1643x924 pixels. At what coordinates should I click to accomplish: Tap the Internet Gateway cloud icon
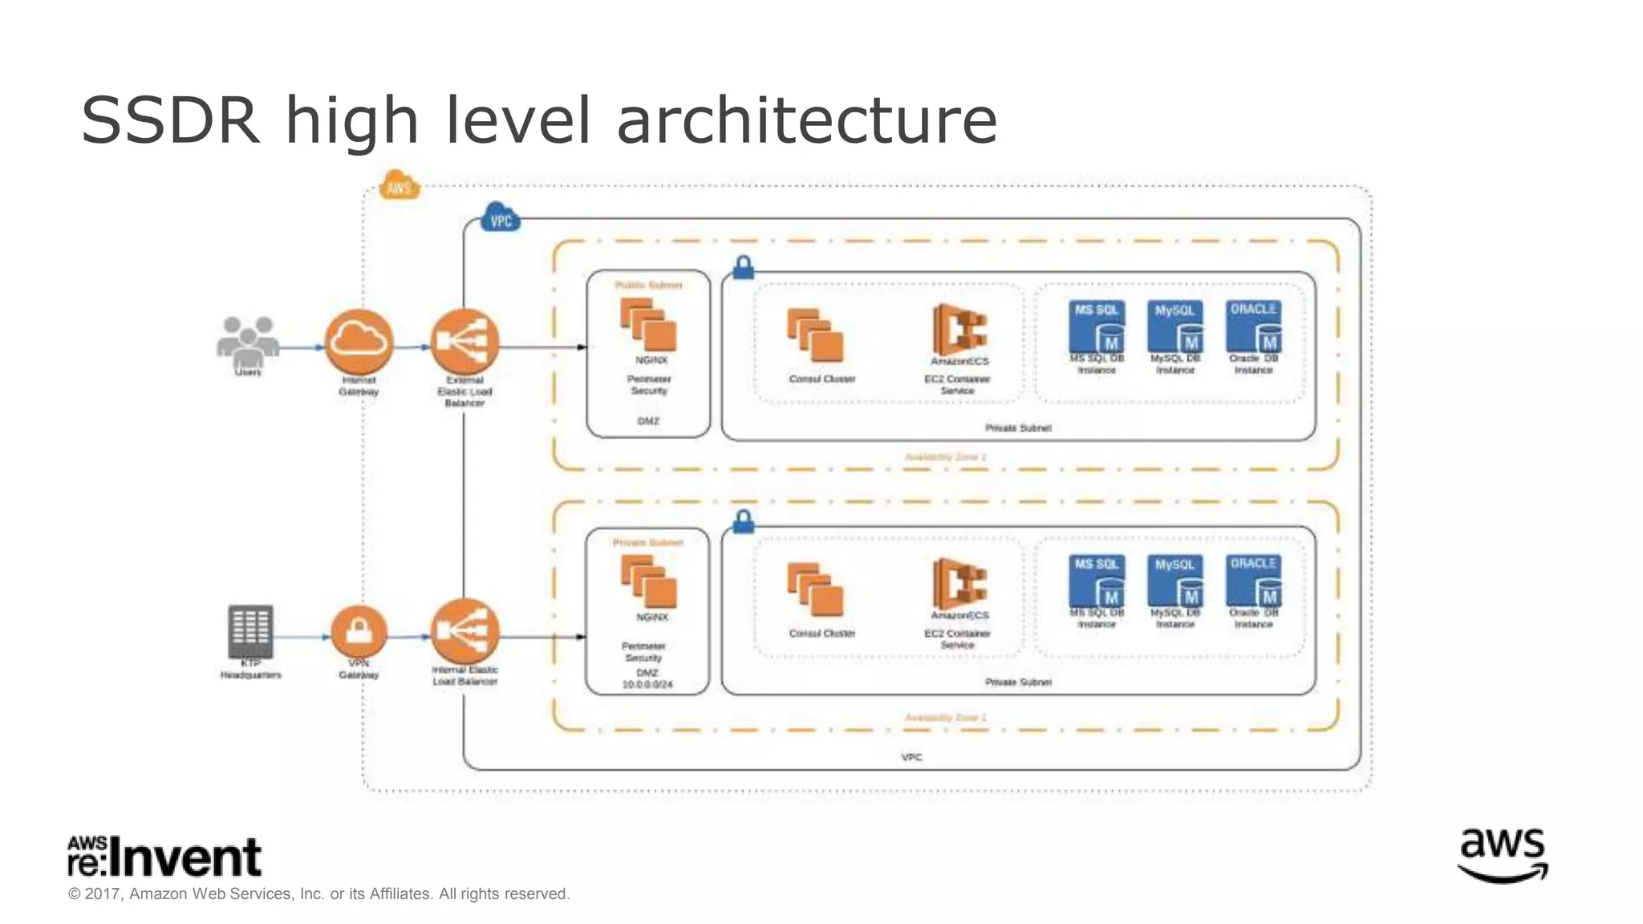[x=359, y=342]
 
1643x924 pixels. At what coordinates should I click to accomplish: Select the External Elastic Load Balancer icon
[x=465, y=342]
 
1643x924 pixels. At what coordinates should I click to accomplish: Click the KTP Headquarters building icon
[x=250, y=631]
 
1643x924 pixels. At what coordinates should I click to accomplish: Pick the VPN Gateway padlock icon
[x=359, y=632]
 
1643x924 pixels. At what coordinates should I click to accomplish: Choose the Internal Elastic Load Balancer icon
[x=465, y=631]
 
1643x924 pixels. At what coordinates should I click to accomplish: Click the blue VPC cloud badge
[x=500, y=218]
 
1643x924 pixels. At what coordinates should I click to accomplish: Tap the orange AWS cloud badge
[x=399, y=186]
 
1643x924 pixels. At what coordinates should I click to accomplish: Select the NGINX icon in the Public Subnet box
[x=648, y=326]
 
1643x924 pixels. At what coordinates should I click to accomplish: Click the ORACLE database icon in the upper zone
[x=1253, y=326]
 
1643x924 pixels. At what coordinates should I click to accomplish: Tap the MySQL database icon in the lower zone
[x=1175, y=581]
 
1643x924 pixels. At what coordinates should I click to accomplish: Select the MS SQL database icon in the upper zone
[x=1097, y=326]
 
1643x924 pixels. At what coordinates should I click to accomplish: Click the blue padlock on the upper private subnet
[x=744, y=267]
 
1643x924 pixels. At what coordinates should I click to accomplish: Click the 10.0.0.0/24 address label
[x=647, y=685]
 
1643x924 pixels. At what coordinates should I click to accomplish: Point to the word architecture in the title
[x=806, y=120]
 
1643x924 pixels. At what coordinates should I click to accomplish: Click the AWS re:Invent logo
[x=164, y=857]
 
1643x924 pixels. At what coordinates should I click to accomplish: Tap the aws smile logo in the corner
[x=1502, y=855]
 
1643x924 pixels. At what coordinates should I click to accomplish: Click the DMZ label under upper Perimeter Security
[x=648, y=421]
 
